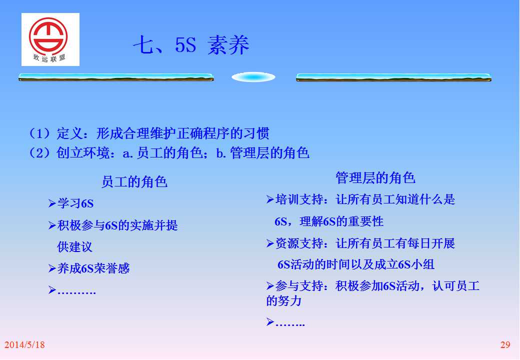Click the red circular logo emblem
click(x=48, y=36)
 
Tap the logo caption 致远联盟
click(x=49, y=58)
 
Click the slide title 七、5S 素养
click(x=191, y=45)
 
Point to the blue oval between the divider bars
click(x=253, y=77)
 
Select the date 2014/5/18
click(x=24, y=345)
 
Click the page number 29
click(x=505, y=345)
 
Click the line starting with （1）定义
click(x=149, y=133)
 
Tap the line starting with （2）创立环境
click(x=169, y=153)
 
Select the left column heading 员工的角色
click(x=134, y=182)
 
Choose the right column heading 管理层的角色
click(x=375, y=177)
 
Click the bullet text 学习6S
click(x=75, y=203)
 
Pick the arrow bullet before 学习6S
click(x=52, y=203)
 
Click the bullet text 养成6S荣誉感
click(x=93, y=268)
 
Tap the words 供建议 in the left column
click(x=74, y=247)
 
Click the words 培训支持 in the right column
click(x=299, y=199)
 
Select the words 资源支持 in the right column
click(x=299, y=243)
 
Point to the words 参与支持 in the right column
click(x=299, y=285)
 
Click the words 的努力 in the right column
click(x=284, y=300)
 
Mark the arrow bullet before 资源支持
click(x=270, y=243)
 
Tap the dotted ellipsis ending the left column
click(x=76, y=292)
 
